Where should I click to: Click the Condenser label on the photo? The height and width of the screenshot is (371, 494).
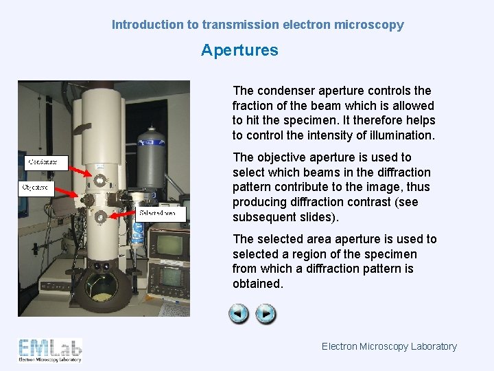point(46,164)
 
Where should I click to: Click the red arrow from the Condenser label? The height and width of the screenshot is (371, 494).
point(82,172)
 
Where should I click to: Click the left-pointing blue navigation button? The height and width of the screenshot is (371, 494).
point(239,315)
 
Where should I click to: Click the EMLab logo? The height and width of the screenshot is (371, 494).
point(50,350)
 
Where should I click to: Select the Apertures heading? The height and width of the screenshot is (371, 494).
point(239,50)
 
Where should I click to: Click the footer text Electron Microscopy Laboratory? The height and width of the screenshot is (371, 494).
point(389,346)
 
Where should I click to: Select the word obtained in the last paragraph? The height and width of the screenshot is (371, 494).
point(257,284)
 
